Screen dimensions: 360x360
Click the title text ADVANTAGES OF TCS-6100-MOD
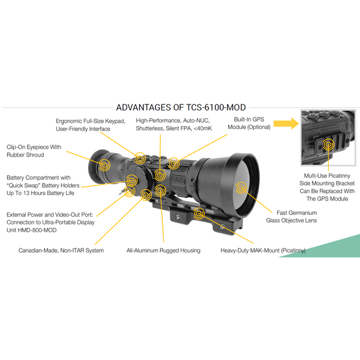[181, 107]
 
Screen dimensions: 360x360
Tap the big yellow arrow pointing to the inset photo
[286, 124]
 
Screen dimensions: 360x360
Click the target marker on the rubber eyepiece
[104, 165]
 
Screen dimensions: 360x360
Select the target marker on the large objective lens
[241, 188]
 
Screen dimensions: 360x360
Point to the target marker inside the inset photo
[329, 145]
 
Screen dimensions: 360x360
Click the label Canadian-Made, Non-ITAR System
[61, 250]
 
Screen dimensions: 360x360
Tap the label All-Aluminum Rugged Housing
[163, 250]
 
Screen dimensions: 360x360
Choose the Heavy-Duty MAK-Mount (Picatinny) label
[263, 250]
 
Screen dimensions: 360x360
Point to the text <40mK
[203, 128]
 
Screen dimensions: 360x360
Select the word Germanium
[303, 213]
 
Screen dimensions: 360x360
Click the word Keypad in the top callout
[115, 121]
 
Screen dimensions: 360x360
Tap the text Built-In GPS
[249, 119]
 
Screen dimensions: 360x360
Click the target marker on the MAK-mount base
[199, 214]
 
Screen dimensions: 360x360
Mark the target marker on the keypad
[140, 158]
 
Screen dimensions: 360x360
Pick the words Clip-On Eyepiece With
[34, 147]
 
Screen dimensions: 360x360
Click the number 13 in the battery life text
[26, 193]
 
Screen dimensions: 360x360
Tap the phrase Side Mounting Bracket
[327, 184]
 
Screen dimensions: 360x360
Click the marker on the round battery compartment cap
[131, 181]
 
